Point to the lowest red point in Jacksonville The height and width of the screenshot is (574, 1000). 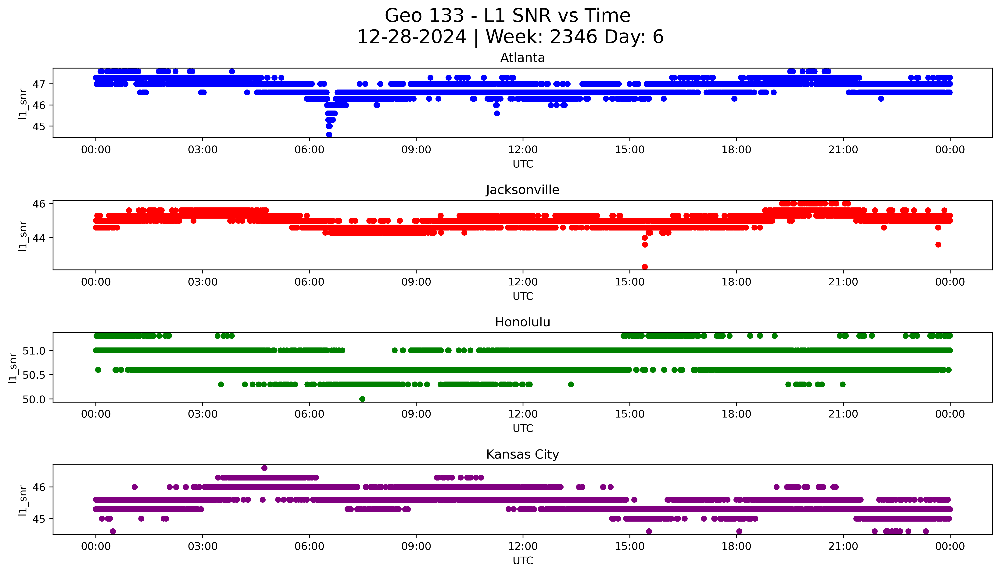coord(645,267)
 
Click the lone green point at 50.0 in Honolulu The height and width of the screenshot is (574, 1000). coord(362,399)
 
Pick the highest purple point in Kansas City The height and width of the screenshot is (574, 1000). coord(264,468)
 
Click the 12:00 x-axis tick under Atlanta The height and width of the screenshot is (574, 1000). coord(523,150)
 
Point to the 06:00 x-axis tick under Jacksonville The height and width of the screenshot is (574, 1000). coord(309,282)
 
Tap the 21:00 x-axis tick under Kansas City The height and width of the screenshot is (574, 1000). coord(843,546)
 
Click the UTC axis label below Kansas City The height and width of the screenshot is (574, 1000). coord(523,560)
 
